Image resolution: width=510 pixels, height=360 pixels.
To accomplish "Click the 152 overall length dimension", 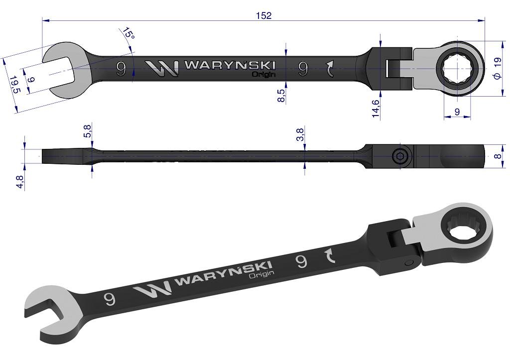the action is point(264,15).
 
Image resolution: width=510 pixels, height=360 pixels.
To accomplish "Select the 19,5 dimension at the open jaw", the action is point(14,85).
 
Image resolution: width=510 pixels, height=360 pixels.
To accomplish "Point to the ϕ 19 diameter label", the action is point(498,68).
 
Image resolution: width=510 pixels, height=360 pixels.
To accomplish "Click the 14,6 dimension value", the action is point(376,109).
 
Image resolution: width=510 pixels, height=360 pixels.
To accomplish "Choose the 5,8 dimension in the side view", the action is point(88,130).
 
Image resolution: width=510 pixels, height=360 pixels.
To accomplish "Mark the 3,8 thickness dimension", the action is point(300,134).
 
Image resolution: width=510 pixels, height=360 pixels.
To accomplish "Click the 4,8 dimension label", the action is point(20,182).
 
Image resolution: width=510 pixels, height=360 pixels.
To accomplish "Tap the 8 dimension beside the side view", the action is point(498,156).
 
